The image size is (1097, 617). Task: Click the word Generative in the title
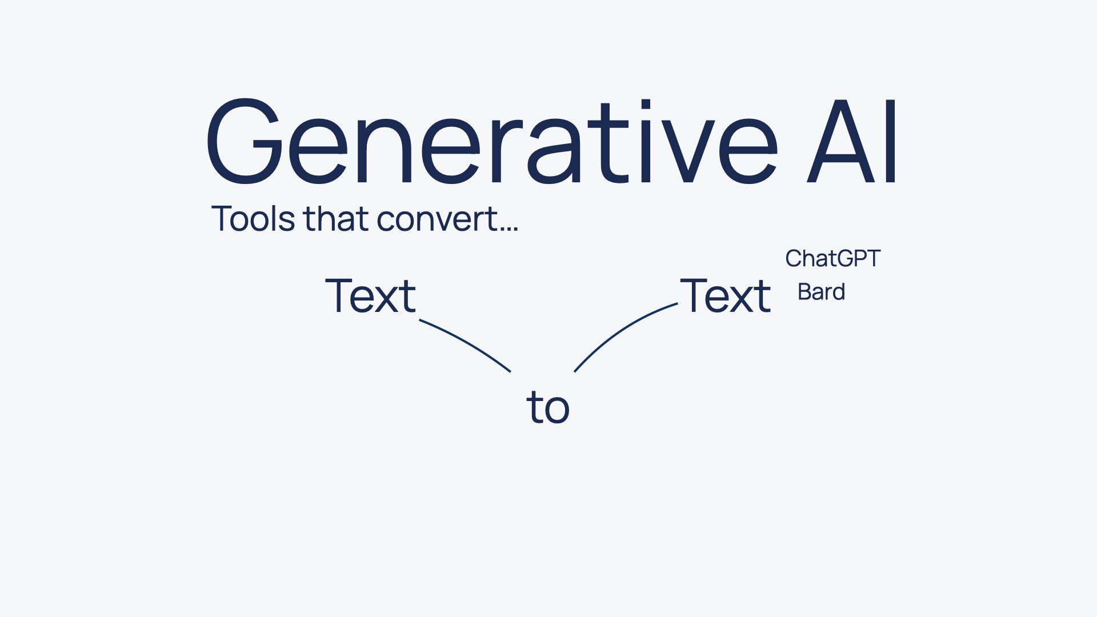pyautogui.click(x=491, y=141)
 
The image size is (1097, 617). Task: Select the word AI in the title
pyautogui.click(x=851, y=141)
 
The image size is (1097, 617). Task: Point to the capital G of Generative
pyautogui.click(x=245, y=141)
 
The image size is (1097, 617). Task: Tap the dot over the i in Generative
pyautogui.click(x=646, y=104)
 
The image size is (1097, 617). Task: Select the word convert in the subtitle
pyautogui.click(x=438, y=221)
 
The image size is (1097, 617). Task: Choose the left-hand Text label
pyautogui.click(x=371, y=295)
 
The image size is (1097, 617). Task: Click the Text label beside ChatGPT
pyautogui.click(x=726, y=295)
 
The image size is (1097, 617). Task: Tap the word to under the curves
pyautogui.click(x=548, y=407)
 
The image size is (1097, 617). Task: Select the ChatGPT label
pyautogui.click(x=833, y=259)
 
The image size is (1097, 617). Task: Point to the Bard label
pyautogui.click(x=821, y=292)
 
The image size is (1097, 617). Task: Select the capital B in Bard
pyautogui.click(x=804, y=292)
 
